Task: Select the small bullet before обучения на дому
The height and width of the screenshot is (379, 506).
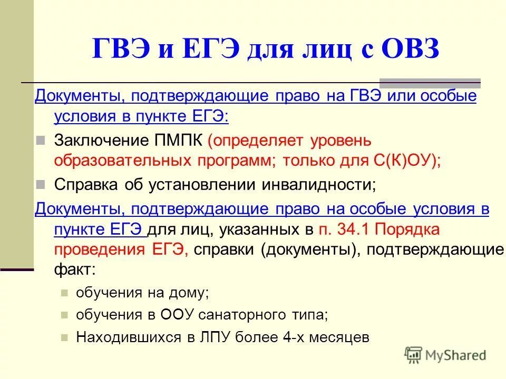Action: point(65,293)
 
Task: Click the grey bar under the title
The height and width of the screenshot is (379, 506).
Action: point(430,82)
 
